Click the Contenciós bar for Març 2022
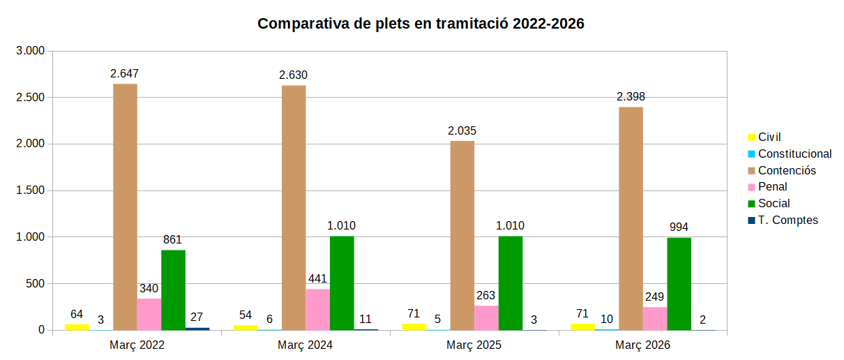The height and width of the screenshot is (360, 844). click(x=125, y=207)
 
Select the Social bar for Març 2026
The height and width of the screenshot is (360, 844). click(x=679, y=283)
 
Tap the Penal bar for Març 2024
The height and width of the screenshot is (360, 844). click(x=317, y=309)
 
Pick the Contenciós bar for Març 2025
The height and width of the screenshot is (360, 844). click(x=462, y=235)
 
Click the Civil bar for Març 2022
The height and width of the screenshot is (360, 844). click(x=77, y=327)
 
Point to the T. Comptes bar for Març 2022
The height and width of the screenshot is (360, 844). click(x=197, y=329)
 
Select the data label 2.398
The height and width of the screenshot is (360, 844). click(x=631, y=96)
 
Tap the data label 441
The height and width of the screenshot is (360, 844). click(x=317, y=279)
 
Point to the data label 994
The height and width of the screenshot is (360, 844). click(x=679, y=227)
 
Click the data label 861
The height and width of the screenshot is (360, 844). click(x=173, y=240)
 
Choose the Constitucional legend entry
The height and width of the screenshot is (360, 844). click(x=794, y=153)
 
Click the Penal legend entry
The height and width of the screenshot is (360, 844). click(x=772, y=187)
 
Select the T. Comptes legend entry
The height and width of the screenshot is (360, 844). click(x=788, y=220)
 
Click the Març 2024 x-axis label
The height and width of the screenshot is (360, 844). click(x=305, y=345)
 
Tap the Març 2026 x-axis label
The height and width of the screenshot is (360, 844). click(x=642, y=345)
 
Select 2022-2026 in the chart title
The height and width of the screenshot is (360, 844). click(x=548, y=24)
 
